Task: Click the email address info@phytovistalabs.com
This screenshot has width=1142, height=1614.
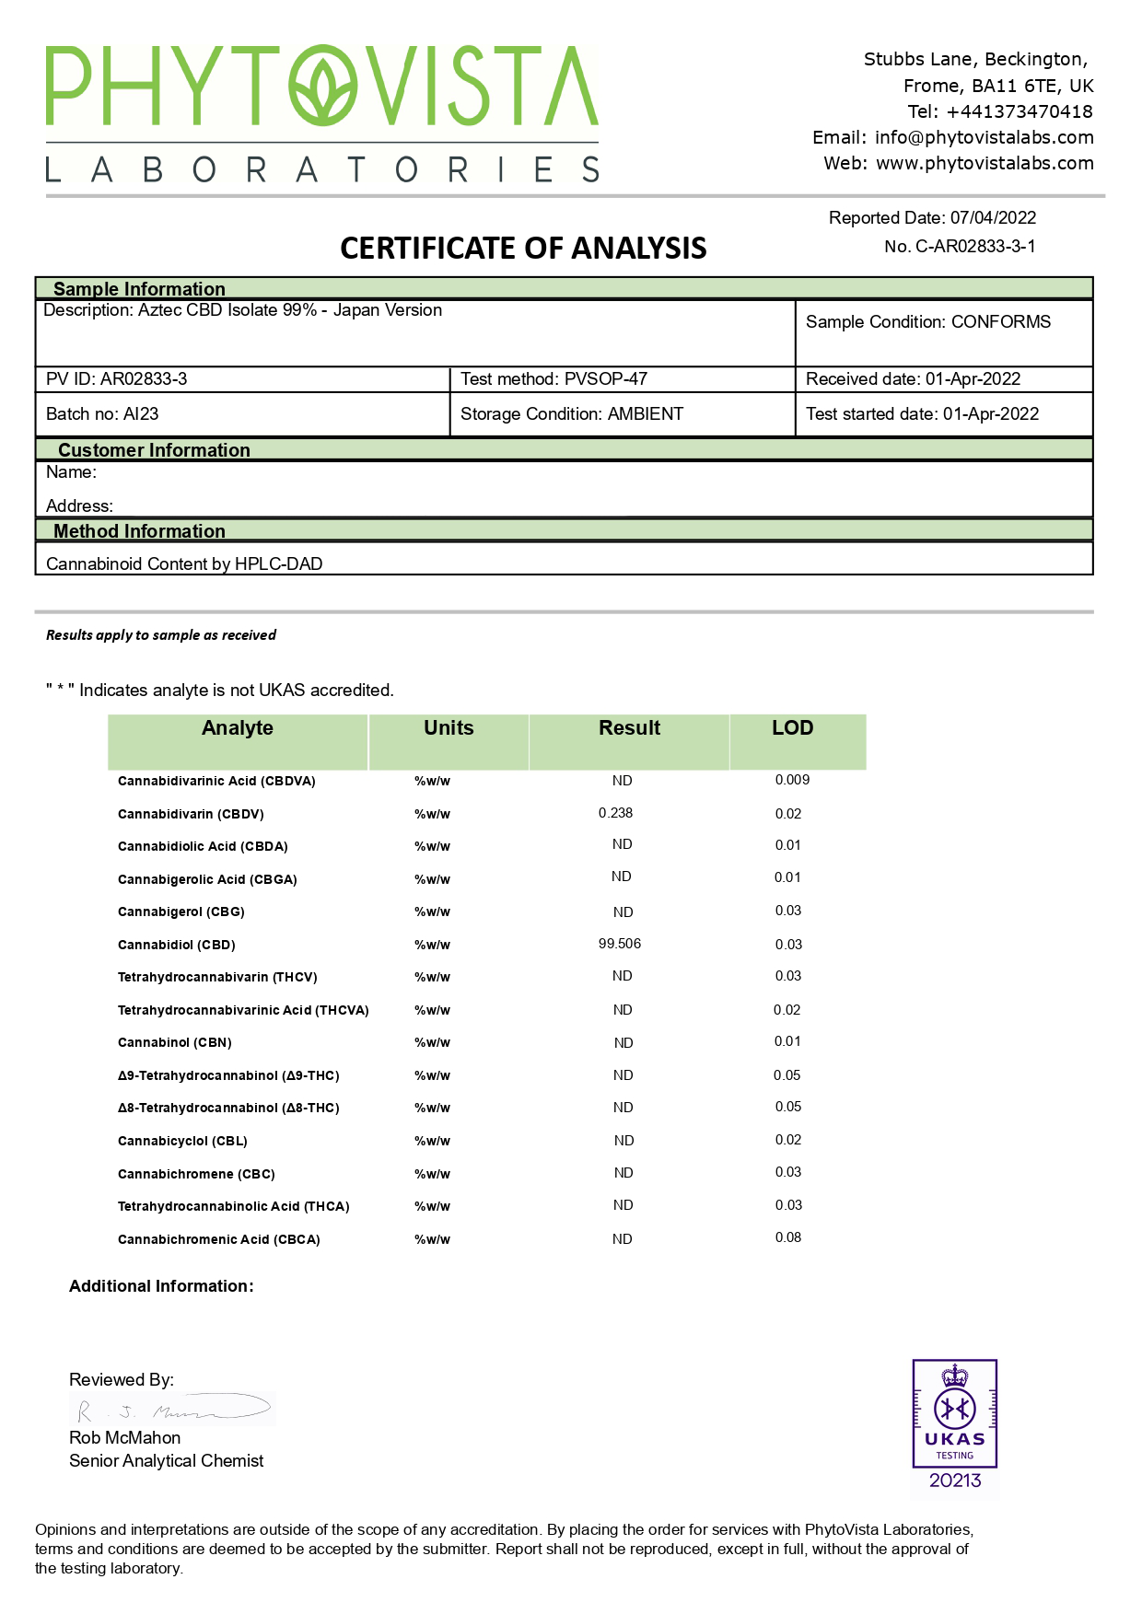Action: pyautogui.click(x=984, y=138)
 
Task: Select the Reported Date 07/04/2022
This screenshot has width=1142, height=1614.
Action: pyautogui.click(x=993, y=218)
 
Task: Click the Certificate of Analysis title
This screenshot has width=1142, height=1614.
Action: pyautogui.click(x=523, y=248)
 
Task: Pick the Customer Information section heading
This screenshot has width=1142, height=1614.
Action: pyautogui.click(x=154, y=450)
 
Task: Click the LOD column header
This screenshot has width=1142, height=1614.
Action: pyautogui.click(x=792, y=728)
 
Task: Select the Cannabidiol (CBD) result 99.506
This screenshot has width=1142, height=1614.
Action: pyautogui.click(x=620, y=944)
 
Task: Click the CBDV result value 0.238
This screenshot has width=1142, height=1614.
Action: pyautogui.click(x=615, y=813)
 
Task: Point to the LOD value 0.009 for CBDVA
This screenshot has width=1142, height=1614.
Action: pyautogui.click(x=792, y=780)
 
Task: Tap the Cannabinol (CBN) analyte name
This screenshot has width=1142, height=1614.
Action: pyautogui.click(x=174, y=1042)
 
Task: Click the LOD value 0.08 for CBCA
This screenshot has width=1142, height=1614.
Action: pyautogui.click(x=788, y=1237)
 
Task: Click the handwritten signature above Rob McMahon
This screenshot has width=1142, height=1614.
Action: pyautogui.click(x=172, y=1409)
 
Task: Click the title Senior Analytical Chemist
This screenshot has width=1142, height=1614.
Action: pyautogui.click(x=166, y=1461)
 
